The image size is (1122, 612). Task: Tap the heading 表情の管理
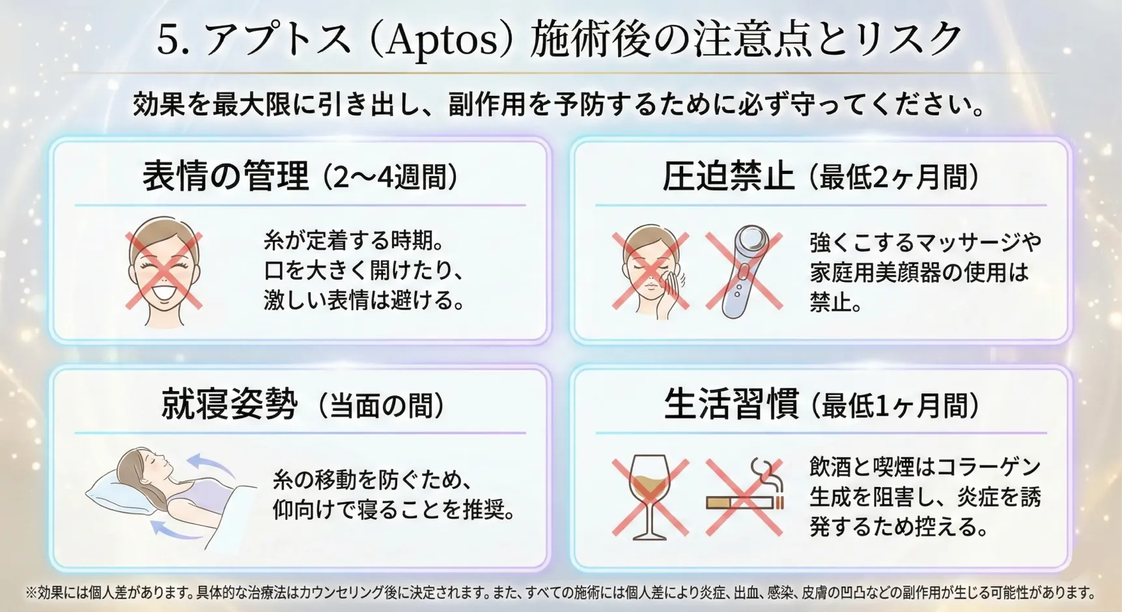pos(225,176)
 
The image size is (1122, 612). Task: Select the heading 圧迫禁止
pos(728,176)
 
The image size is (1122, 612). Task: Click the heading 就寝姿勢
pos(230,404)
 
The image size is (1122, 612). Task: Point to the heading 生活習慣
pos(731,404)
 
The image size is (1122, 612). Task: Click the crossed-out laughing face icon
pos(163,271)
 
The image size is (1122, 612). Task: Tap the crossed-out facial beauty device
pos(744,271)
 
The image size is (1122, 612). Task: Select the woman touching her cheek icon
pos(651,271)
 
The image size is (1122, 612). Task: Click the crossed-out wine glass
pos(650,497)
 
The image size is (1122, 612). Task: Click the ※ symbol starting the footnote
pos(31,592)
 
